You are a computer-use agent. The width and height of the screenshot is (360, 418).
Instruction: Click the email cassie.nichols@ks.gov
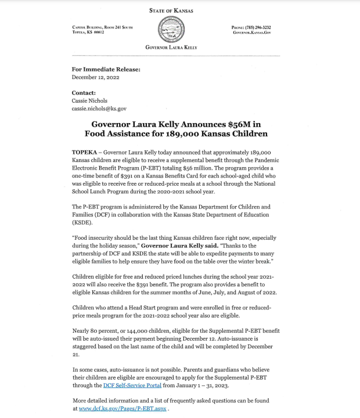99,109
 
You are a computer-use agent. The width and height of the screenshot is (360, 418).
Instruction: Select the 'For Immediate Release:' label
106,69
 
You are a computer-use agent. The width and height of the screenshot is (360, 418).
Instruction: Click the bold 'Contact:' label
84,93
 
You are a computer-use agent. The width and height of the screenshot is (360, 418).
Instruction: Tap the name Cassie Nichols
89,100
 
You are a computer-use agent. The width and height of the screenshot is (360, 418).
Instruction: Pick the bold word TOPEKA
85,152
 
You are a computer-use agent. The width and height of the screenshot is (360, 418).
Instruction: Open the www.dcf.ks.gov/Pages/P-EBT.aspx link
123,409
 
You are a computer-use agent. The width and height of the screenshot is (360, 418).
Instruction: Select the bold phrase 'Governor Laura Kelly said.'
177,246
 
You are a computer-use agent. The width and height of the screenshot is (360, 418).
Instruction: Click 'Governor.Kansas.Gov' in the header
252,33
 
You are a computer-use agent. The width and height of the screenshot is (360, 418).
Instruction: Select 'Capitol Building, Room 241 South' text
102,27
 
